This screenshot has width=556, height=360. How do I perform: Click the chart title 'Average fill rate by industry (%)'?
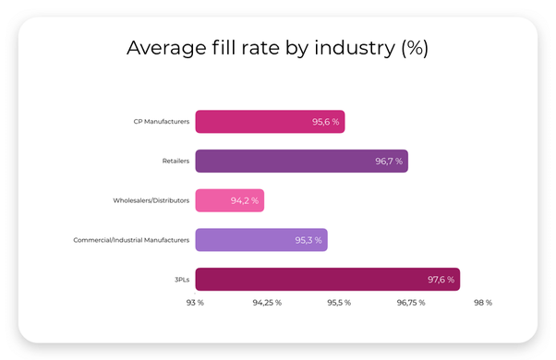click(277, 48)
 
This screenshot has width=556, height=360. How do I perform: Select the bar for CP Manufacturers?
click(269, 121)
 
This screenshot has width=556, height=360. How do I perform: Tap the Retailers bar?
click(300, 161)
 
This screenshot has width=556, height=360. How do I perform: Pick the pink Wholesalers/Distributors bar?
click(229, 200)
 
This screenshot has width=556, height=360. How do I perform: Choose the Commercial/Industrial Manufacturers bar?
click(260, 240)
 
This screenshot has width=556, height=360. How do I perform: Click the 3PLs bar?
click(326, 280)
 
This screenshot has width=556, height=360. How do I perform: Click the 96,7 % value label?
click(388, 161)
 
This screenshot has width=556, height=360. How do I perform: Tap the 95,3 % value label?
click(308, 240)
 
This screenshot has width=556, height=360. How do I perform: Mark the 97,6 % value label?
click(440, 280)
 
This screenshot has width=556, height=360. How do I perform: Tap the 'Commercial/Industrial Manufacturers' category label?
click(131, 240)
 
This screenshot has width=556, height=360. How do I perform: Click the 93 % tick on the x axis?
click(195, 303)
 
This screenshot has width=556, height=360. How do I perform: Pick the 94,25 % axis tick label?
click(266, 303)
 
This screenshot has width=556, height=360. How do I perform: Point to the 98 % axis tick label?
click(482, 303)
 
